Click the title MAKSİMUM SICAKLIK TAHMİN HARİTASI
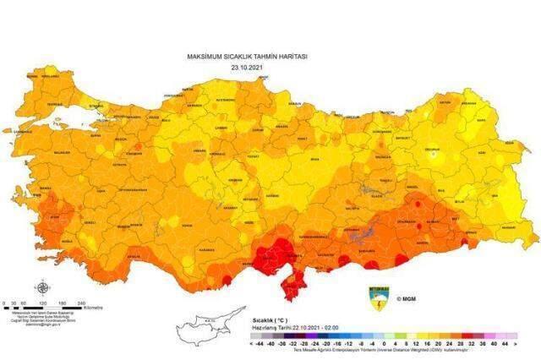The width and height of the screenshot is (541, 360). pos(247,56)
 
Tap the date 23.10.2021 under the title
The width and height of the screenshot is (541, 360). pos(246,66)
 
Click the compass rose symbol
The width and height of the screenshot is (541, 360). pos(41,287)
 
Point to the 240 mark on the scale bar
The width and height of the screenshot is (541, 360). pos(80,303)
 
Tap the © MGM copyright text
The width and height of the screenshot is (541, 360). pos(409,297)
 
